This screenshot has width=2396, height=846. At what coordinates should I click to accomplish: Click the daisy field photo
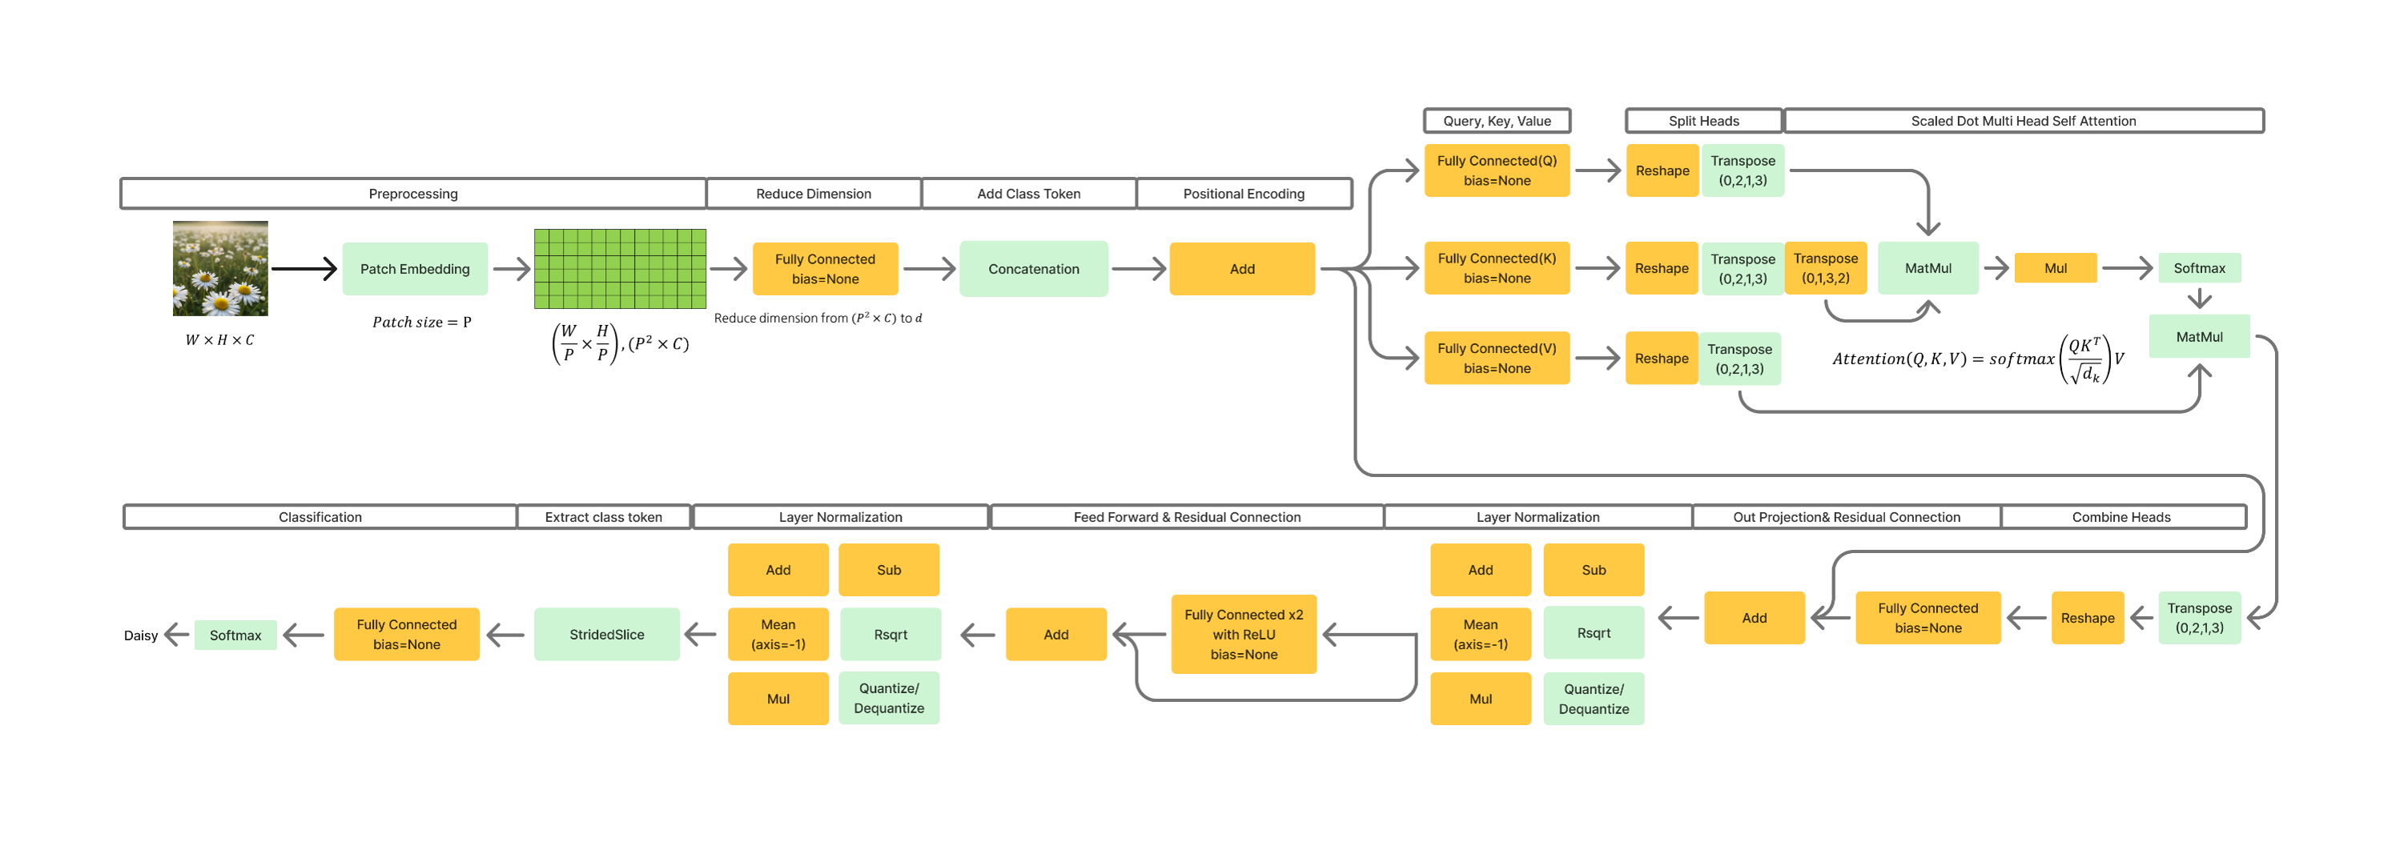[x=220, y=268]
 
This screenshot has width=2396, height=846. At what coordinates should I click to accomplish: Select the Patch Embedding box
[x=415, y=269]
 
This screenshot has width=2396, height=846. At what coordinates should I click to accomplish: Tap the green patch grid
[x=620, y=269]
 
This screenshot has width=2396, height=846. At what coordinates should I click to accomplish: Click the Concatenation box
[x=1033, y=269]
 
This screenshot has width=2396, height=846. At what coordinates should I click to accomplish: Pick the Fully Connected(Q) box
[x=1497, y=170]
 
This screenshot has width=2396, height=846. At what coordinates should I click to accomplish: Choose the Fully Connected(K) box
[x=1497, y=268]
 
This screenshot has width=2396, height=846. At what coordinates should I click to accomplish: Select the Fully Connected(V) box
[x=1497, y=358]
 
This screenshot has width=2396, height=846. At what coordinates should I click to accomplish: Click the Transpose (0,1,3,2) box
[x=1825, y=268]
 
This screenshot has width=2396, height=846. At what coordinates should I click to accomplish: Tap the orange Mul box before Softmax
[x=2056, y=268]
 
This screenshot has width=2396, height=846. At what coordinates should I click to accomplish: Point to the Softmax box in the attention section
[x=2199, y=268]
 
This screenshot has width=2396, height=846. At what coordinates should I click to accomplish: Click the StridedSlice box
[x=606, y=634]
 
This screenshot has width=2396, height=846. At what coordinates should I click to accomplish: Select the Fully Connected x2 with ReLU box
[x=1244, y=634]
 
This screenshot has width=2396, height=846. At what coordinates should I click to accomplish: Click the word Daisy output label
[x=140, y=636]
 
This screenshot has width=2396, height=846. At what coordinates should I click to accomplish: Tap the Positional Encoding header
[x=1244, y=194]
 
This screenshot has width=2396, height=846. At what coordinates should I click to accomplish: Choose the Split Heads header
[x=1703, y=121]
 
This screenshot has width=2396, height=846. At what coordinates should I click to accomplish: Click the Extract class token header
[x=604, y=517]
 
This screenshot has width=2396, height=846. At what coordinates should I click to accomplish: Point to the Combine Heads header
[x=2121, y=517]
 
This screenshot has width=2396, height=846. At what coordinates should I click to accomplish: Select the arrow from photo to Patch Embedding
[x=304, y=269]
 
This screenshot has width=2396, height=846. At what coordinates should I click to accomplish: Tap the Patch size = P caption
[x=422, y=322]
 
